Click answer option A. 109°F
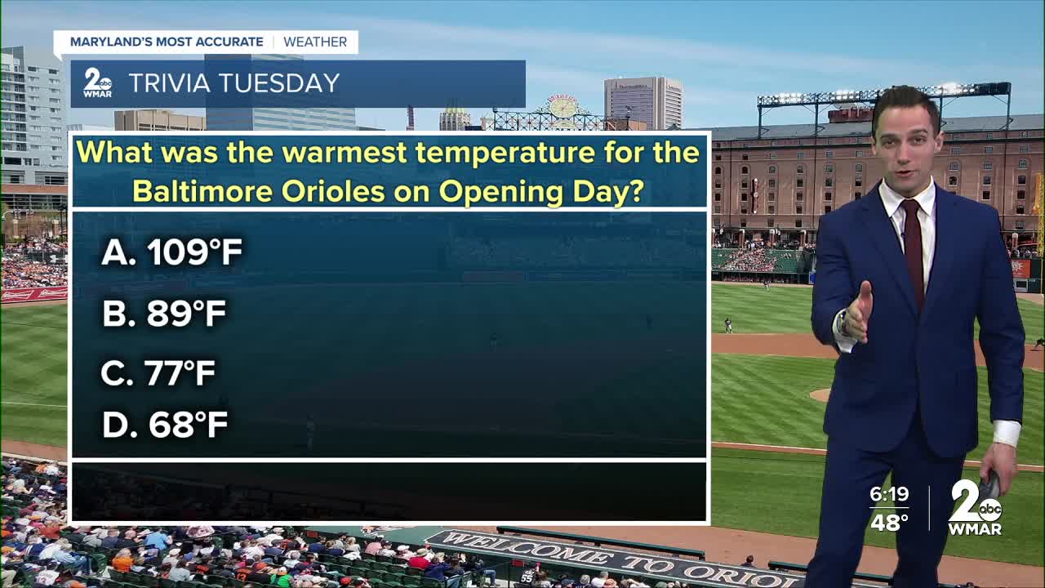click(171, 252)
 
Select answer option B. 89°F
click(164, 313)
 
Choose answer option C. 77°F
click(158, 373)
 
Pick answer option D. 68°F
click(165, 424)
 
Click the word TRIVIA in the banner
click(169, 83)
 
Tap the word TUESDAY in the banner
click(279, 83)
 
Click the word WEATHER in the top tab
click(315, 42)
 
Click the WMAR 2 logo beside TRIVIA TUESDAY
click(97, 83)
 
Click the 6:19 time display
click(889, 494)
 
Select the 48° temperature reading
click(889, 522)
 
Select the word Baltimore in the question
click(203, 191)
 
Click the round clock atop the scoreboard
click(563, 108)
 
